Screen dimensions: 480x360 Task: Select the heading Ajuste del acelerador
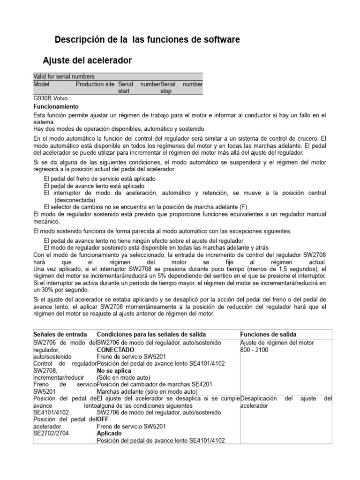(x=87, y=60)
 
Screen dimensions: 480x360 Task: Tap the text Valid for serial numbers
(x=64, y=76)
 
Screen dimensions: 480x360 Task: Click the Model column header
(x=41, y=84)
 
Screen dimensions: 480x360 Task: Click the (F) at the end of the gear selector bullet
(x=243, y=207)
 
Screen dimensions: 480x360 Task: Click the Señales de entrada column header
(x=60, y=334)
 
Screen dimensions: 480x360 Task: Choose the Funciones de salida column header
(x=268, y=334)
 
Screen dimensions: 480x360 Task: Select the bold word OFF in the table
(x=103, y=420)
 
